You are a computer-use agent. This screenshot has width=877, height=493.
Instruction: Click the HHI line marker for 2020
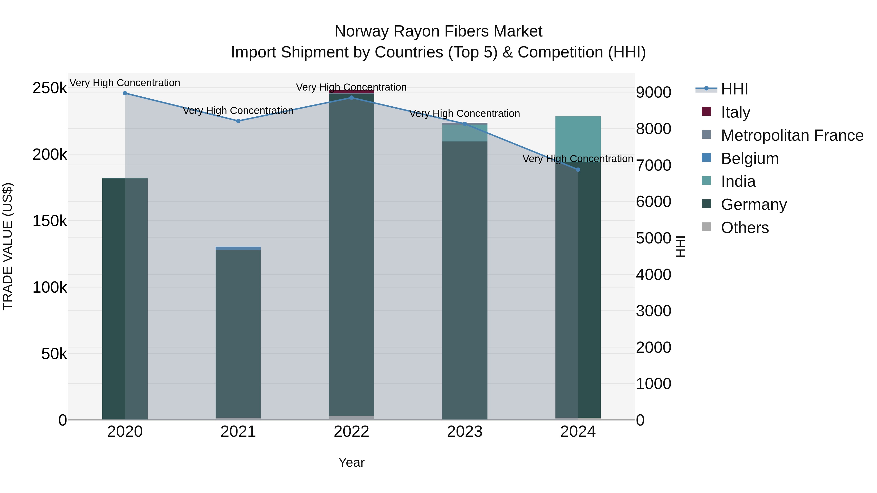[x=125, y=93]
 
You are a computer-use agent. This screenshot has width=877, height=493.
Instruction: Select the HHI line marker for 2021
[x=238, y=121]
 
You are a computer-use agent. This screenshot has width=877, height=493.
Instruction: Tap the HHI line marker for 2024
[x=578, y=169]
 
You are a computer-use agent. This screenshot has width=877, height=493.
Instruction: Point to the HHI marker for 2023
[x=465, y=124]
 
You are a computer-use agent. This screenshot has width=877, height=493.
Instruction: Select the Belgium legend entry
[x=749, y=158]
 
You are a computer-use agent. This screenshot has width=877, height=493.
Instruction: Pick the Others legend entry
[x=744, y=228]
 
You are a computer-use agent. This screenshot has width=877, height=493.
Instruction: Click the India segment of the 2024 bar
[x=578, y=139]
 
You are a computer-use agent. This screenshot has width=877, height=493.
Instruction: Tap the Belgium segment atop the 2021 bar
[x=238, y=248]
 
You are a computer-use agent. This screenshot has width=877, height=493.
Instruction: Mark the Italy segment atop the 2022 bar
[x=351, y=92]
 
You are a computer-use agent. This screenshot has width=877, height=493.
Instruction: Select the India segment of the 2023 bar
[x=465, y=133]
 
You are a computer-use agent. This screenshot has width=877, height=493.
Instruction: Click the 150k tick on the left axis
[x=50, y=221]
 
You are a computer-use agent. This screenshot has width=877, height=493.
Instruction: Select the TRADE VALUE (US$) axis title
[x=8, y=246]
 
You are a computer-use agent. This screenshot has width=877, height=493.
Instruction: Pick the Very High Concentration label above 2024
[x=578, y=159]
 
